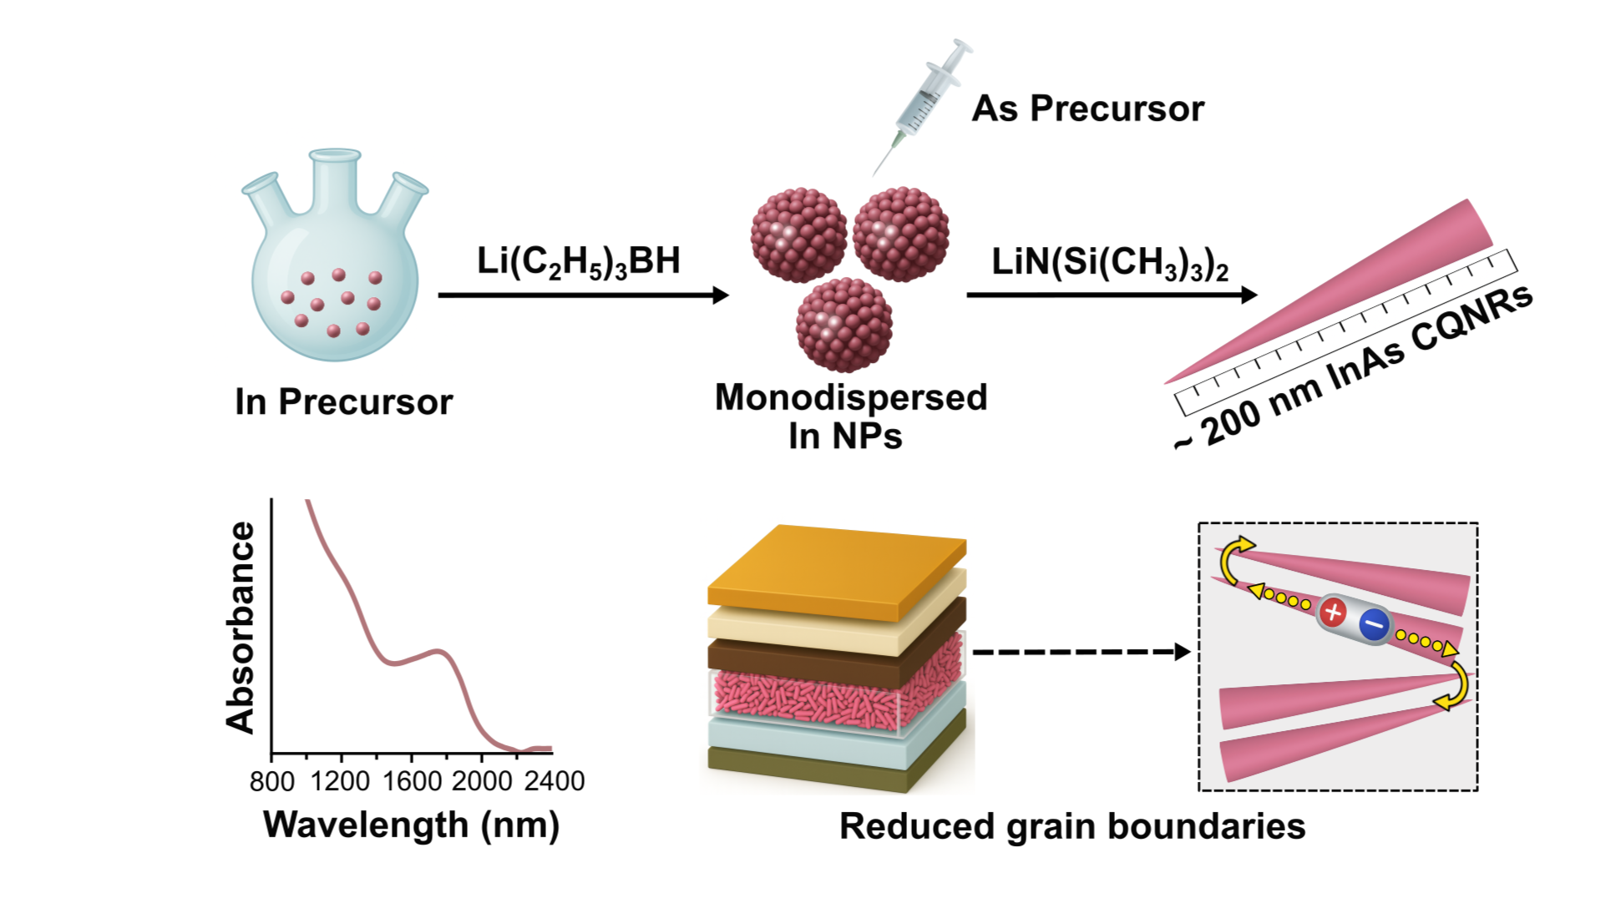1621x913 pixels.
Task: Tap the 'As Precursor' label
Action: (x=1087, y=108)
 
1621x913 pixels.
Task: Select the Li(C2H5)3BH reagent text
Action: (x=578, y=261)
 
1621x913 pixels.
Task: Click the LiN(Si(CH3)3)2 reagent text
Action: (x=1109, y=263)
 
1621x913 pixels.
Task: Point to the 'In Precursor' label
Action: (x=343, y=402)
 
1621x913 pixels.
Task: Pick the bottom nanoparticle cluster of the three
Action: (x=843, y=325)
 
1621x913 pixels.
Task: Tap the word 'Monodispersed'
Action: (x=850, y=397)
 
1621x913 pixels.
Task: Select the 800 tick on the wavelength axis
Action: (x=271, y=781)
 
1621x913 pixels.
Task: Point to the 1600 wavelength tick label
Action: (x=412, y=781)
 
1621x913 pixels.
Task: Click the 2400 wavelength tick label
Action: (x=554, y=781)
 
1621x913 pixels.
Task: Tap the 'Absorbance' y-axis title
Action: (x=241, y=628)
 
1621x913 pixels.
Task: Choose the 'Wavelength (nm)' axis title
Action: (x=411, y=825)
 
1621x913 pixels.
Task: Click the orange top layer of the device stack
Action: (x=835, y=567)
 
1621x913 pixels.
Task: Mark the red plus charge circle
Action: (x=1333, y=613)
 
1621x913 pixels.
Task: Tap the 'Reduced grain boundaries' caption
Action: (x=1071, y=826)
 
